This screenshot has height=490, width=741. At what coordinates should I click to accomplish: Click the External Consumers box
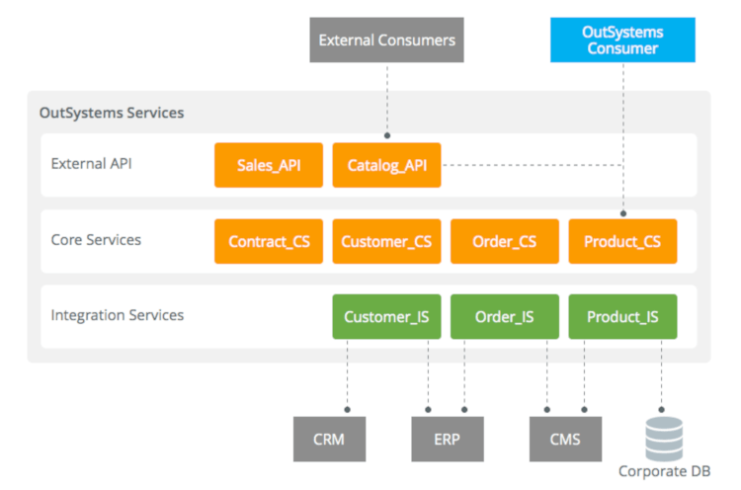386,41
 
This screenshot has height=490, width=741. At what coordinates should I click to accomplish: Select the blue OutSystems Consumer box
622,41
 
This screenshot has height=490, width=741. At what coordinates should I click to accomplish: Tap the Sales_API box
269,165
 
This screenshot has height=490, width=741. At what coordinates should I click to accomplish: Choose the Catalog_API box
386,165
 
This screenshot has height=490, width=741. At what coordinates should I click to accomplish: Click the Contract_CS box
269,241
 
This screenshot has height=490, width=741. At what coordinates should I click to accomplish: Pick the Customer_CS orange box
386,241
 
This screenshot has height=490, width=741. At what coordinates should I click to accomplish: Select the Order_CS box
505,241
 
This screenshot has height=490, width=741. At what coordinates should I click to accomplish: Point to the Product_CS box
622,241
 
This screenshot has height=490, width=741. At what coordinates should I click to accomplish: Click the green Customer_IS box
386,317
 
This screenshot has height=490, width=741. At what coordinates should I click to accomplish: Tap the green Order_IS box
505,317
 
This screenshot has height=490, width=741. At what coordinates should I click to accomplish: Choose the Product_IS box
622,317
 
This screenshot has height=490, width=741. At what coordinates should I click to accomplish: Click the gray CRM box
328,439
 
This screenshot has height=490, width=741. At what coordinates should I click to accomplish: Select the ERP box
446,439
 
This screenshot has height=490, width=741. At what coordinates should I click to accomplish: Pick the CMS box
564,439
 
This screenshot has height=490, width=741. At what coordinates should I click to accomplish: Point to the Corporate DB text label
664,472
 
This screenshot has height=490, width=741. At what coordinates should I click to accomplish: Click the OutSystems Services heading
111,113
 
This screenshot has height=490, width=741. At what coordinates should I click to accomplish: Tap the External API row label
91,164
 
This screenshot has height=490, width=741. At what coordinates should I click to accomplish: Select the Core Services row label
96,240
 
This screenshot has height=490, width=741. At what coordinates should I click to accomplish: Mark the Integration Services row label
117,316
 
